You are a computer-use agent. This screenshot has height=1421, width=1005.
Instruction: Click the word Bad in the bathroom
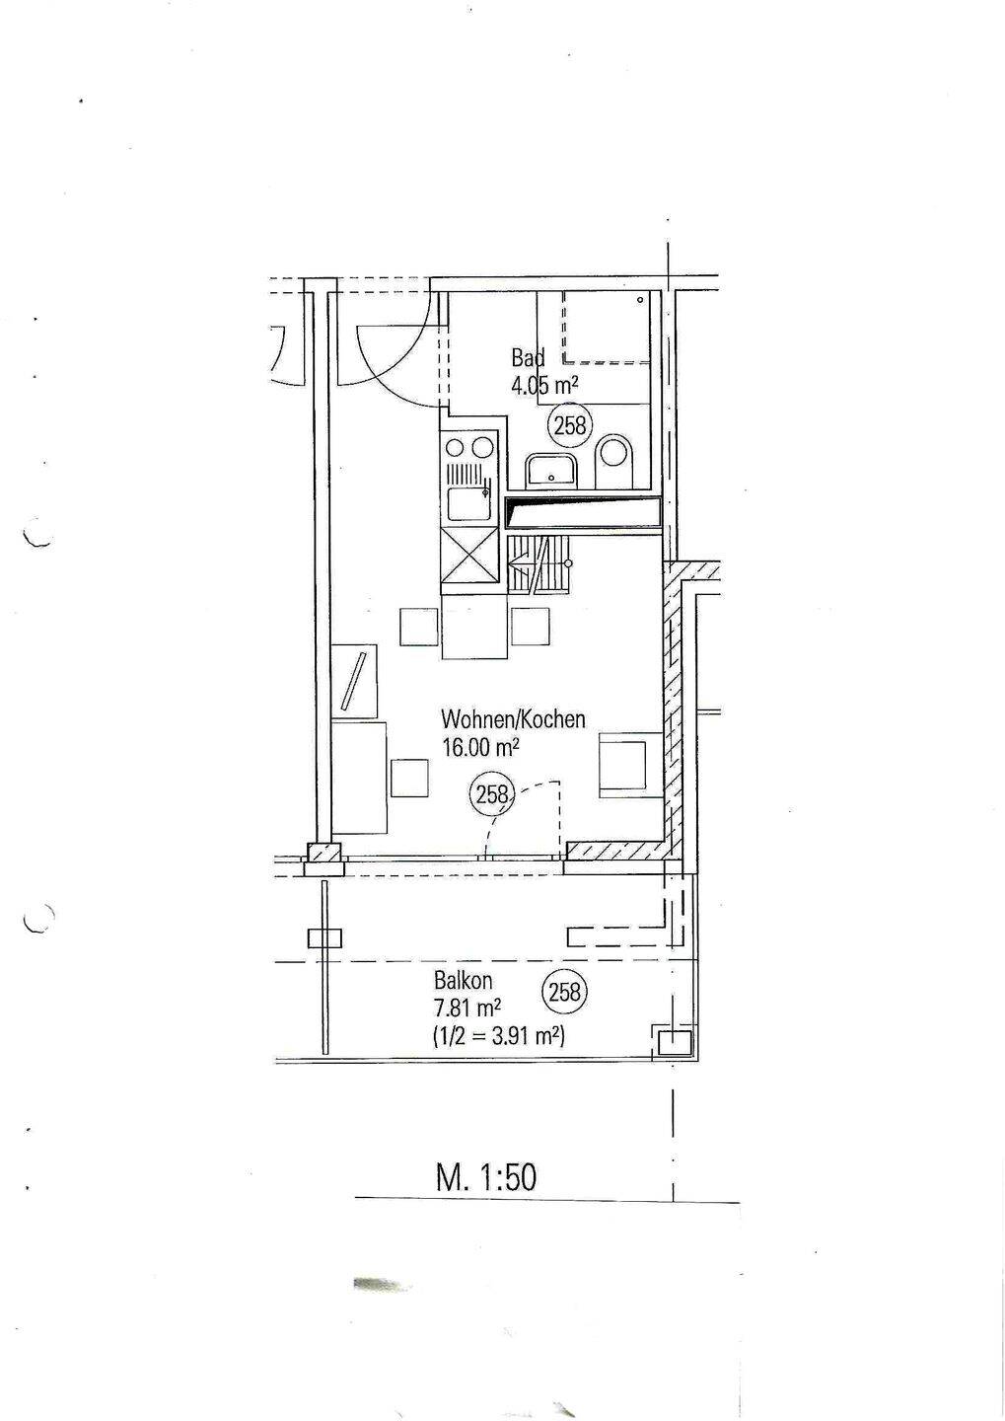point(529,358)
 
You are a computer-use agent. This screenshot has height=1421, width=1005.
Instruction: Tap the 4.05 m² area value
point(545,385)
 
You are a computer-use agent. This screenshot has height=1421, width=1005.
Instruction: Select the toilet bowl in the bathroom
point(615,462)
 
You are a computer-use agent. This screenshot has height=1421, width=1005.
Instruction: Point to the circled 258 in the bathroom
point(570,425)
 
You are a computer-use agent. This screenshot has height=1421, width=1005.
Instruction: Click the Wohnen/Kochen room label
point(513,720)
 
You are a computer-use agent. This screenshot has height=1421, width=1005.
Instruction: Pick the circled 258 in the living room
point(491,794)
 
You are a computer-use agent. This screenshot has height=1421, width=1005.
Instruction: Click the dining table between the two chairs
point(475,625)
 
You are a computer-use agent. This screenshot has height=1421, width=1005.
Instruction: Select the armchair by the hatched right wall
point(631,764)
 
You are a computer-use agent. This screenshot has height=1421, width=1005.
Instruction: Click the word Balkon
point(463,980)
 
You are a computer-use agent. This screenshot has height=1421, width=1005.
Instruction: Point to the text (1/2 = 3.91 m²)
point(499,1035)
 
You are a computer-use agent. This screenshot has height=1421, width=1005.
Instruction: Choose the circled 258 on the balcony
point(565,991)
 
